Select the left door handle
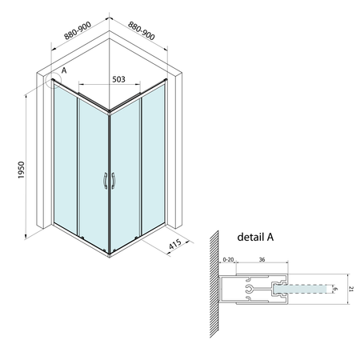tap(105, 182)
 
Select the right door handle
tap(114, 182)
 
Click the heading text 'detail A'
tap(258, 238)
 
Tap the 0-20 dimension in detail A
tap(229, 258)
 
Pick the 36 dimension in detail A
tap(262, 258)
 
